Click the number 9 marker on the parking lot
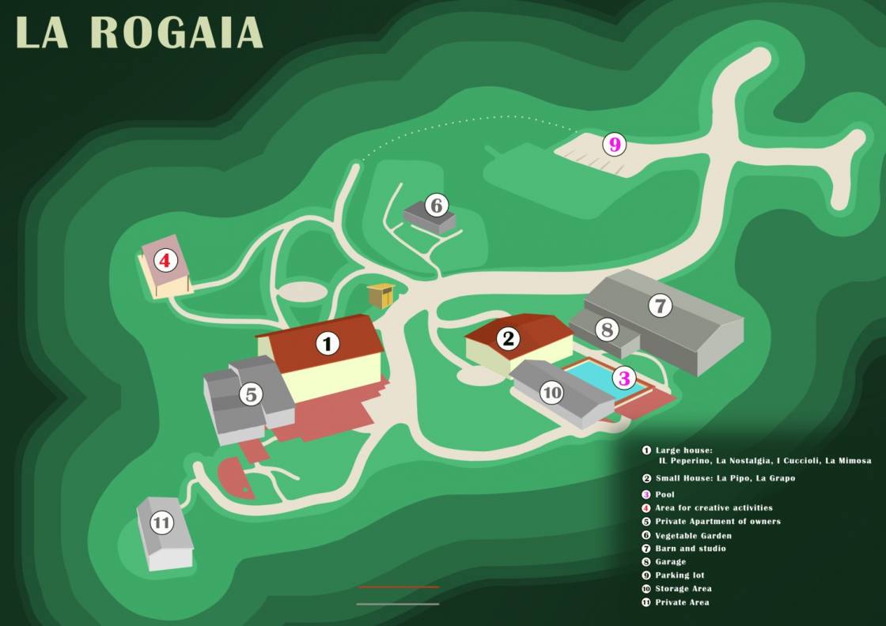point(614,145)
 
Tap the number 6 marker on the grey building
point(436,206)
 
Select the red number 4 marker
point(165,259)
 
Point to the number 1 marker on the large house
point(327,343)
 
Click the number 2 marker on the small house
point(509,339)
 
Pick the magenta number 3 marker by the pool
point(624,379)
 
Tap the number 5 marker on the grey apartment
point(252,394)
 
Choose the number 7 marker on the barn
point(660,305)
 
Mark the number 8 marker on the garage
point(607,330)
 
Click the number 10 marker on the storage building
point(552,391)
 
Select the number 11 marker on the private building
point(161,522)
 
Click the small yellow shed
point(381,296)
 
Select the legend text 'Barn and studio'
point(690,549)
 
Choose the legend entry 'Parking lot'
point(680,575)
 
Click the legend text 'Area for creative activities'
point(714,507)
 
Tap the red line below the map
point(398,587)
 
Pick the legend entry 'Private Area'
point(682,602)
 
